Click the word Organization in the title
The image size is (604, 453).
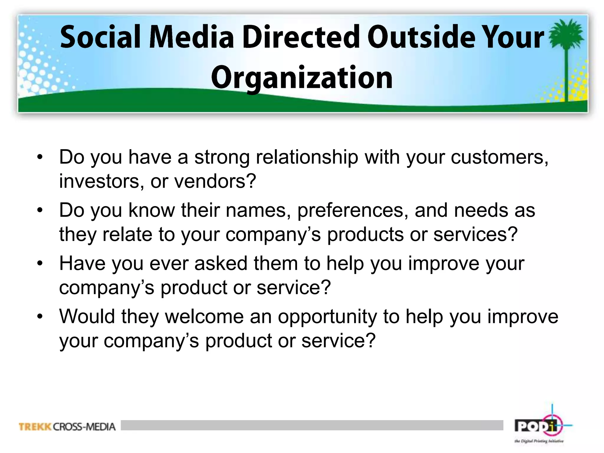302,78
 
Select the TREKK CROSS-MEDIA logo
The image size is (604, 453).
67,427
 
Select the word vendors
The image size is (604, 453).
215,181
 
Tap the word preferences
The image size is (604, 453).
353,210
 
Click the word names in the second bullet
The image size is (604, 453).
256,210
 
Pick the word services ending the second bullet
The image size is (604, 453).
475,234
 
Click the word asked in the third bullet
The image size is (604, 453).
221,263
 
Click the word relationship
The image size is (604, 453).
307,157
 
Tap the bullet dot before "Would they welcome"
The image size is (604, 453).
40,316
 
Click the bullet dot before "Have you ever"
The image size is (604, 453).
40,263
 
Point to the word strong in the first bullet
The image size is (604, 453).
222,157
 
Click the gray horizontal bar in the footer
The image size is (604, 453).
312,425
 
